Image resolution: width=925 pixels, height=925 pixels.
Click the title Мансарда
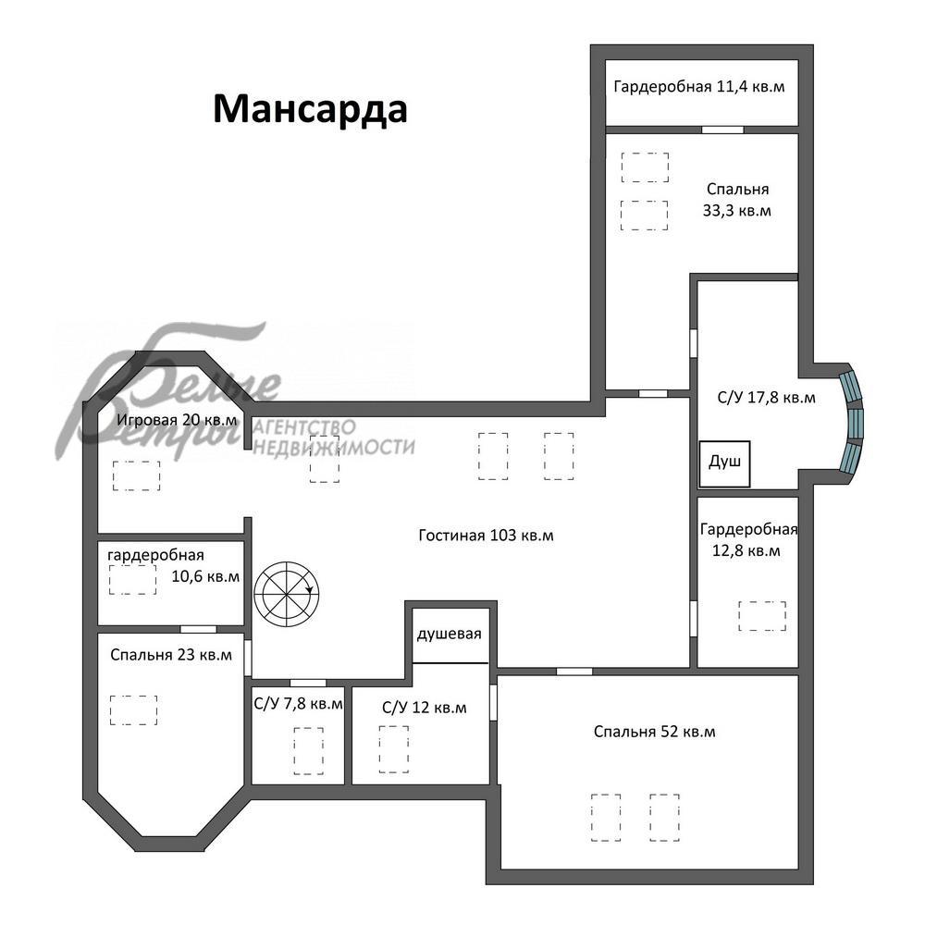pyautogui.click(x=310, y=109)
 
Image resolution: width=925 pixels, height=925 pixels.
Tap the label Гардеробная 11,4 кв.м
pyautogui.click(x=699, y=87)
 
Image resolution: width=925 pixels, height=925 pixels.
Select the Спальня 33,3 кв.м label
pyautogui.click(x=737, y=200)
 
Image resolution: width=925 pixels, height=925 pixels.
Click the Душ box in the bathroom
pyautogui.click(x=724, y=463)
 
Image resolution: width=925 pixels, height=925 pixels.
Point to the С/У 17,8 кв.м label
pyautogui.click(x=766, y=397)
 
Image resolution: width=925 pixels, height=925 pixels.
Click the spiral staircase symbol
pyautogui.click(x=286, y=594)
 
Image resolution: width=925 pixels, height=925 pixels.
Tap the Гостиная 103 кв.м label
pyautogui.click(x=487, y=535)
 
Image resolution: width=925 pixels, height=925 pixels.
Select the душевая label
pyautogui.click(x=449, y=635)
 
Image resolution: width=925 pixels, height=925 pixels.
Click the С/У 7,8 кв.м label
pyautogui.click(x=298, y=704)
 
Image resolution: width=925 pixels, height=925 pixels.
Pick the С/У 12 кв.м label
pyautogui.click(x=425, y=708)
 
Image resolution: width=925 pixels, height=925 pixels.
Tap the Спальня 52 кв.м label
pyautogui.click(x=654, y=732)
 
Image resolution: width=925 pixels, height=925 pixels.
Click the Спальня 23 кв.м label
pyautogui.click(x=171, y=655)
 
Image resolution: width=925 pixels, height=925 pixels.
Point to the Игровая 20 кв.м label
pyautogui.click(x=177, y=420)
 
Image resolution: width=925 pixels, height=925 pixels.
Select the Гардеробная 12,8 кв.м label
pyautogui.click(x=748, y=539)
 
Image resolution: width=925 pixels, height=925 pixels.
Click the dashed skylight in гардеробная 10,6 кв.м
pyautogui.click(x=132, y=579)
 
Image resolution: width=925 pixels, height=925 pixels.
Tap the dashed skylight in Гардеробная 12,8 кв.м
pyautogui.click(x=762, y=616)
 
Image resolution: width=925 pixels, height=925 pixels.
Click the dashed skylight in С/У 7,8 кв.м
pyautogui.click(x=309, y=750)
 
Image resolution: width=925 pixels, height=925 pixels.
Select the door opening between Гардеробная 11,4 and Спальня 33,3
pyautogui.click(x=722, y=129)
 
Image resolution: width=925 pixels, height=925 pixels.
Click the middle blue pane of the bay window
pyautogui.click(x=855, y=424)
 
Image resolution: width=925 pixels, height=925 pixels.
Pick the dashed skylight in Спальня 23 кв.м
pyautogui.click(x=133, y=709)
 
